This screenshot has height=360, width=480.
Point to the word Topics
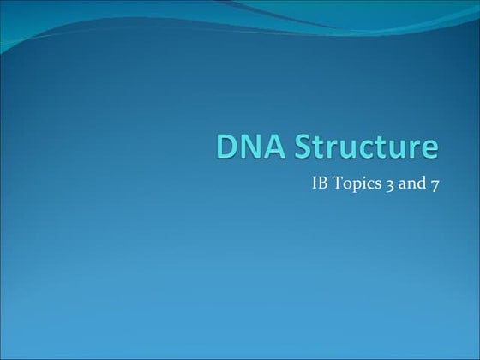coord(356,184)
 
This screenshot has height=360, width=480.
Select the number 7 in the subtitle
coord(435,185)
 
